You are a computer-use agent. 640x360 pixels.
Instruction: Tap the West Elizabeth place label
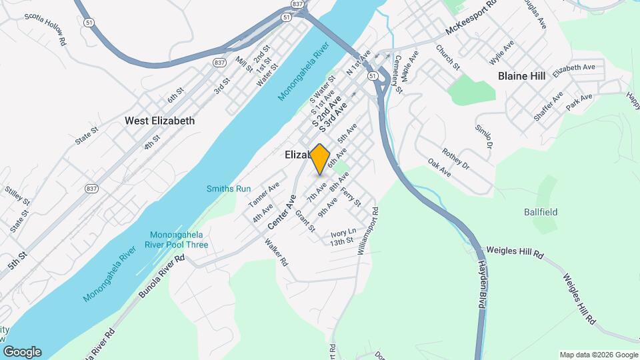160,121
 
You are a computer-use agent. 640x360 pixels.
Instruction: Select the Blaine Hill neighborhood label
521,76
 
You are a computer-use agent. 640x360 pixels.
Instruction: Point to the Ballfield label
540,212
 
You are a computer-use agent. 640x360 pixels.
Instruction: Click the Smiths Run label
229,189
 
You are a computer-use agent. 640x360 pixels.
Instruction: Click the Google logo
22,352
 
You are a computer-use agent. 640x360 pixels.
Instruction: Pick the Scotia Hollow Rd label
45,27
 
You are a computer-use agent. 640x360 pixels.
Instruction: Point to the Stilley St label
17,197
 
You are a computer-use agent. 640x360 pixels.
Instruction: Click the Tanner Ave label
263,195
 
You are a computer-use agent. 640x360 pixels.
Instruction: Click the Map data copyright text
598,355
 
